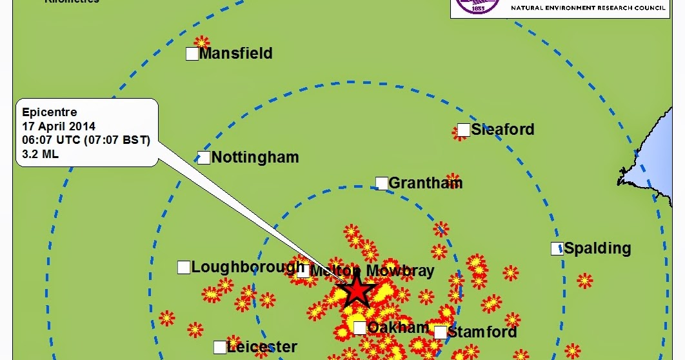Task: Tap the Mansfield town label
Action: pos(235,54)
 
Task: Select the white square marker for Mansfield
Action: pos(192,54)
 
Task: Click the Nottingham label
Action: pos(255,157)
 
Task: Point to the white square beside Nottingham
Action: pos(204,157)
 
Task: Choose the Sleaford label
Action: pos(502,130)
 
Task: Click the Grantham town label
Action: pos(426,183)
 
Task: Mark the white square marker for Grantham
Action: pos(382,183)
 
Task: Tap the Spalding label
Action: pos(597,248)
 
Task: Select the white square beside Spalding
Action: pos(557,248)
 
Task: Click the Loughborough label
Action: pos(248,267)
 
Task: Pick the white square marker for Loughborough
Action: pos(184,267)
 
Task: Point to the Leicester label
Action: pos(262,348)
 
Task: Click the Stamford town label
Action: pos(482,332)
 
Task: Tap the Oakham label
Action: pos(398,328)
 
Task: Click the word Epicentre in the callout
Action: pos(50,112)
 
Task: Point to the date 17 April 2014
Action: pos(59,126)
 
